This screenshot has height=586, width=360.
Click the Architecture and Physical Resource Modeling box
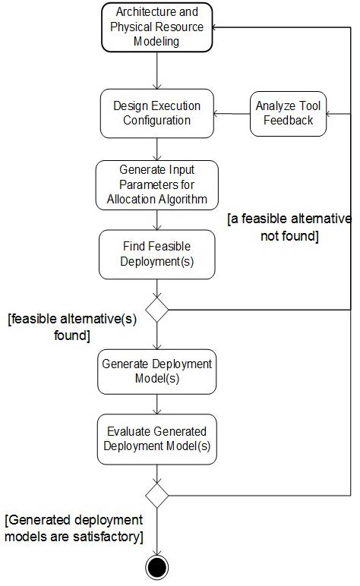click(x=156, y=27)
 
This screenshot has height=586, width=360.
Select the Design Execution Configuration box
click(x=156, y=113)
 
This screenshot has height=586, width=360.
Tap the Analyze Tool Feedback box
click(x=288, y=113)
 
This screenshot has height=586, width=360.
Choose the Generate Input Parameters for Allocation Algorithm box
click(x=156, y=184)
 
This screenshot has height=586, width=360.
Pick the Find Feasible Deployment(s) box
click(x=156, y=254)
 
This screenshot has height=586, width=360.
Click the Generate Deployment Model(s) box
click(x=156, y=372)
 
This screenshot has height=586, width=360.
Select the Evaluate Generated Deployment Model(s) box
click(x=156, y=439)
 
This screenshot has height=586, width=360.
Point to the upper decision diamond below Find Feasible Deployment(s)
click(x=157, y=309)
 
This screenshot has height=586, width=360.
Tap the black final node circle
click(x=156, y=566)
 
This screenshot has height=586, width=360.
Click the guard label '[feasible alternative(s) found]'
click(x=71, y=327)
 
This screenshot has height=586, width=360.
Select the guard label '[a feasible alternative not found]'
click(x=289, y=227)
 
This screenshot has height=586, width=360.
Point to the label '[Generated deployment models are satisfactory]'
click(x=74, y=528)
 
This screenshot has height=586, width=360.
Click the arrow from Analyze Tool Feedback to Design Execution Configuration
click(x=232, y=114)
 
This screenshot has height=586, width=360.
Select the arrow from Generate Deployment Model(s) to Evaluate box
click(x=156, y=404)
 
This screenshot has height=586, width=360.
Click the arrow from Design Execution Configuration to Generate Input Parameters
click(x=156, y=149)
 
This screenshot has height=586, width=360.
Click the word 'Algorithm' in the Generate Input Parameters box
click(x=183, y=199)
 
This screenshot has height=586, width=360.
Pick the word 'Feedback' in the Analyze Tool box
click(x=288, y=120)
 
